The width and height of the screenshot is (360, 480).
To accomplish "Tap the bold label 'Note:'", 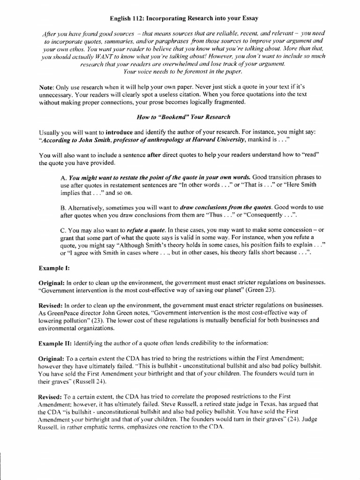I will [x=47, y=88].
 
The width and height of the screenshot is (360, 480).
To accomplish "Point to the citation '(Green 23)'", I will [x=260, y=290].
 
